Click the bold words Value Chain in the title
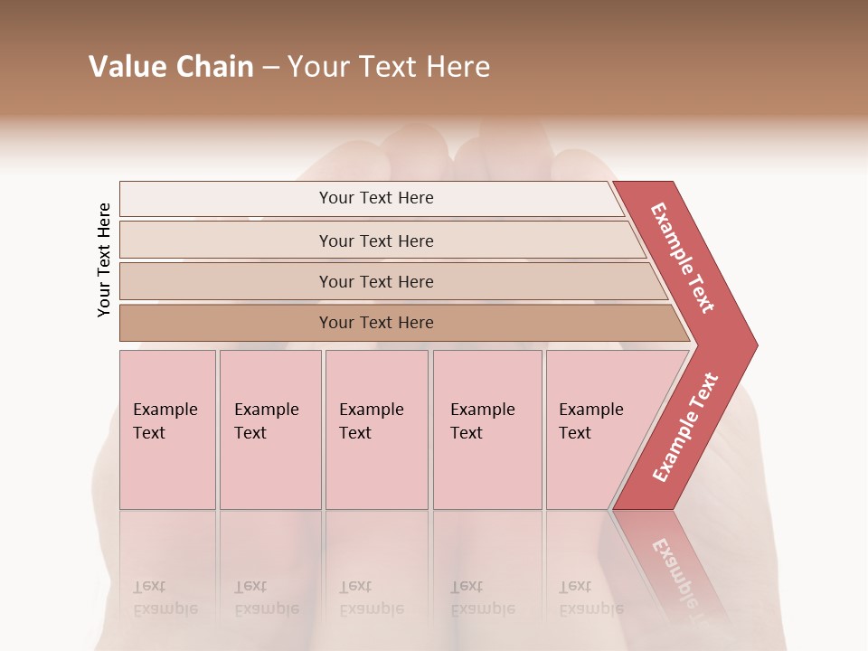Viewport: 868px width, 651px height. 171,67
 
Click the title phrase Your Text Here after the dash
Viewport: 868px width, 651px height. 389,67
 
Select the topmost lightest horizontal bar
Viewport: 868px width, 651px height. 226,199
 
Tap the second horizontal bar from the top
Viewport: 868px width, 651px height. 226,241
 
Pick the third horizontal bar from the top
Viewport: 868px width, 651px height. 226,281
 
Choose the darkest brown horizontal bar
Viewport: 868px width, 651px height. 226,323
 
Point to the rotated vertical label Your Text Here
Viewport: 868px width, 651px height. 104,259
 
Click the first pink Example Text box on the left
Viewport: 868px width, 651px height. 167,429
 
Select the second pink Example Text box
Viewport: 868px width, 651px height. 270,429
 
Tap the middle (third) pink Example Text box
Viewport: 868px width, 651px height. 376,429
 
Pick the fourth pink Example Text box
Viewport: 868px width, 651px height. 487,429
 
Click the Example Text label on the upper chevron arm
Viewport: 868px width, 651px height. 683,258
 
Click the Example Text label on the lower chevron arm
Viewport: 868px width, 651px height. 685,427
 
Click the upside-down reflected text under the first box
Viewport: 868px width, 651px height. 165,599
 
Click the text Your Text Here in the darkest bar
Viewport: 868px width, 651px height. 376,323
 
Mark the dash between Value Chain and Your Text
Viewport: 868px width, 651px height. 270,68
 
